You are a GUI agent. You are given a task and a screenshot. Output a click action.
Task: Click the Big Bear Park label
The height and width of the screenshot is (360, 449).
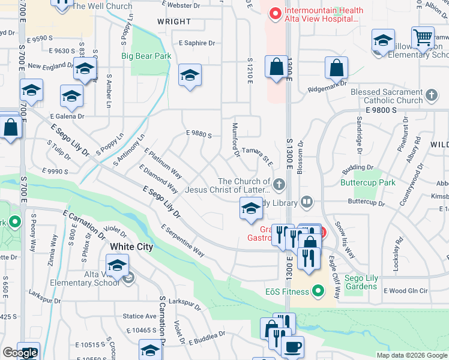pos(146,56)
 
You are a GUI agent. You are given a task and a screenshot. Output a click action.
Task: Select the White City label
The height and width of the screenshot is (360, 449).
pos(131,247)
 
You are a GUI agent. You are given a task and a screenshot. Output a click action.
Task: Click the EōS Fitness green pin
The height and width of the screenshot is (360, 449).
pos(319,292)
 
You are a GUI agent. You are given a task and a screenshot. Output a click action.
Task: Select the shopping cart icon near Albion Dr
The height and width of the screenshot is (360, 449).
pos(423,38)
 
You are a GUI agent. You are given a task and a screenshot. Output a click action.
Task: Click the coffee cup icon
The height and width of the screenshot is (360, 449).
pos(292,347)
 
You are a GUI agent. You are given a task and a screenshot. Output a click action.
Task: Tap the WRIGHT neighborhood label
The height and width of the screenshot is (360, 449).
pos(174,22)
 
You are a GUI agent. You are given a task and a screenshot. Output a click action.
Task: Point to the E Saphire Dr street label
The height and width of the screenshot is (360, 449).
pos(197,43)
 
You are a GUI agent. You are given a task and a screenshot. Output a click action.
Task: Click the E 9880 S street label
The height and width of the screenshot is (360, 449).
pos(199,135)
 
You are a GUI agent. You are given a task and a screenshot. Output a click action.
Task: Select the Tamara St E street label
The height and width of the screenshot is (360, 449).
pos(258,155)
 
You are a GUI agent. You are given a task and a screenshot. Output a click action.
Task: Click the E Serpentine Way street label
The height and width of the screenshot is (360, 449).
pos(183,241)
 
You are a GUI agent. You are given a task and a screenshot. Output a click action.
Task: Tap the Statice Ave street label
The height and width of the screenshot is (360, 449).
pos(139,316)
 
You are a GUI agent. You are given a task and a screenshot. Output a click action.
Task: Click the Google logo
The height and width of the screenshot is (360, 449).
pos(20,352)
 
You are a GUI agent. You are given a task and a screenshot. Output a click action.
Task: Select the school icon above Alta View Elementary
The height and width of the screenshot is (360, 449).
pos(118,265)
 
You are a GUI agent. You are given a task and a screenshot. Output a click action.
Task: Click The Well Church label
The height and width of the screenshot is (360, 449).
pos(102,7)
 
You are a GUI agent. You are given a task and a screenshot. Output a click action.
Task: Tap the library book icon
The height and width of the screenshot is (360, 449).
pos(306,202)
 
